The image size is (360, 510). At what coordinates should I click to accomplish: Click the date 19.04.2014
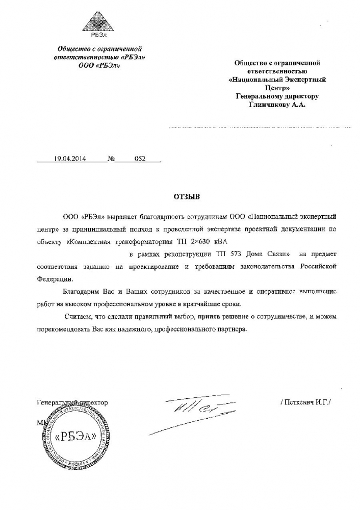pos(70,159)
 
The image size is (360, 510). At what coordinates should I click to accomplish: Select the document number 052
pos(140,159)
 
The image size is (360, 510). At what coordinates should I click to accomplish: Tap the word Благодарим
pos(81,292)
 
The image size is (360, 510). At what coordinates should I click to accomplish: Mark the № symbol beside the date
pos(111,159)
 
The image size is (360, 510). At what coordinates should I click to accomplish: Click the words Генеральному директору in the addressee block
pos(277,96)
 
